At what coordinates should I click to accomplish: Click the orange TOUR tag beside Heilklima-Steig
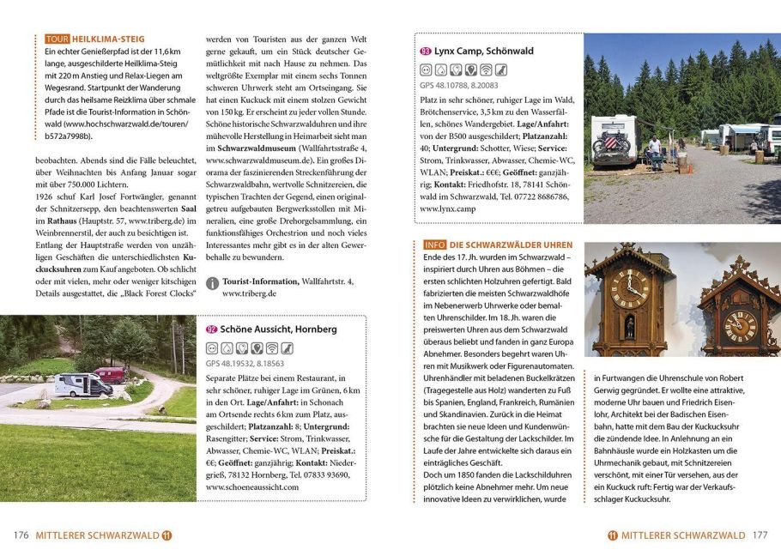(57, 39)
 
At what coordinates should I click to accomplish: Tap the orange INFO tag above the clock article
(434, 245)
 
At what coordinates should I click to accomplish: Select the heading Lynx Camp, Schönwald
(483, 51)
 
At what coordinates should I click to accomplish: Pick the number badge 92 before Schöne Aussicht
(211, 329)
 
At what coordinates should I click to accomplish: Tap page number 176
(21, 535)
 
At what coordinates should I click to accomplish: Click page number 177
(760, 535)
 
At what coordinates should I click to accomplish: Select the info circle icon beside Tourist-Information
(212, 282)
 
